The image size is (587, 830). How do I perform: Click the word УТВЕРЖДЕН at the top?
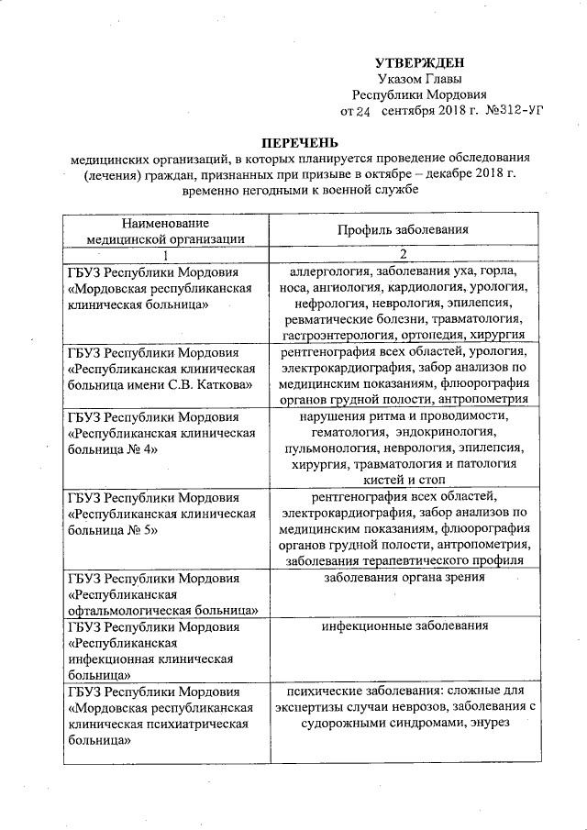[x=419, y=62]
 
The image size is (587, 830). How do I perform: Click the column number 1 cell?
[x=165, y=254]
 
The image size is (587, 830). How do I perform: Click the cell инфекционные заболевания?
[x=404, y=626]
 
